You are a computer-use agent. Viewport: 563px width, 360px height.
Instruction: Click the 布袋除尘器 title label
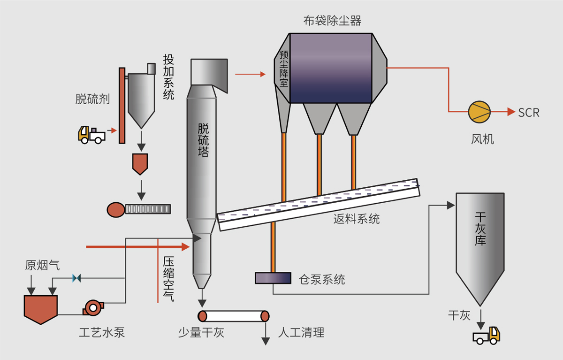point(332,21)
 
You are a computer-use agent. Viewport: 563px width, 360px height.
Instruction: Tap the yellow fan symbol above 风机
point(479,112)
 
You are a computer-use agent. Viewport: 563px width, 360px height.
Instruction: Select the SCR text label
point(529,113)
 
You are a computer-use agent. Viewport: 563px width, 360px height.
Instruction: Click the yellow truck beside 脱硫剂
point(91,134)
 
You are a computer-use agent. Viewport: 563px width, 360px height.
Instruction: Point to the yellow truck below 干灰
point(487,335)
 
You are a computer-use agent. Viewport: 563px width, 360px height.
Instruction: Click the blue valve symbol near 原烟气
point(76,278)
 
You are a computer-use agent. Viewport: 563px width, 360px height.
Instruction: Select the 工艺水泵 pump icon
point(92,308)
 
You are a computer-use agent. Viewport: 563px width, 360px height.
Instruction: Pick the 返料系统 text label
point(357,219)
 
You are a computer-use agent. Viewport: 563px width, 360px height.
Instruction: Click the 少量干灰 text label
point(201,333)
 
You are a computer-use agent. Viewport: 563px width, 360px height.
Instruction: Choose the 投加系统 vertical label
point(168,77)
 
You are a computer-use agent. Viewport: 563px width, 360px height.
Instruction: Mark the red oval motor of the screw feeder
point(115,209)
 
